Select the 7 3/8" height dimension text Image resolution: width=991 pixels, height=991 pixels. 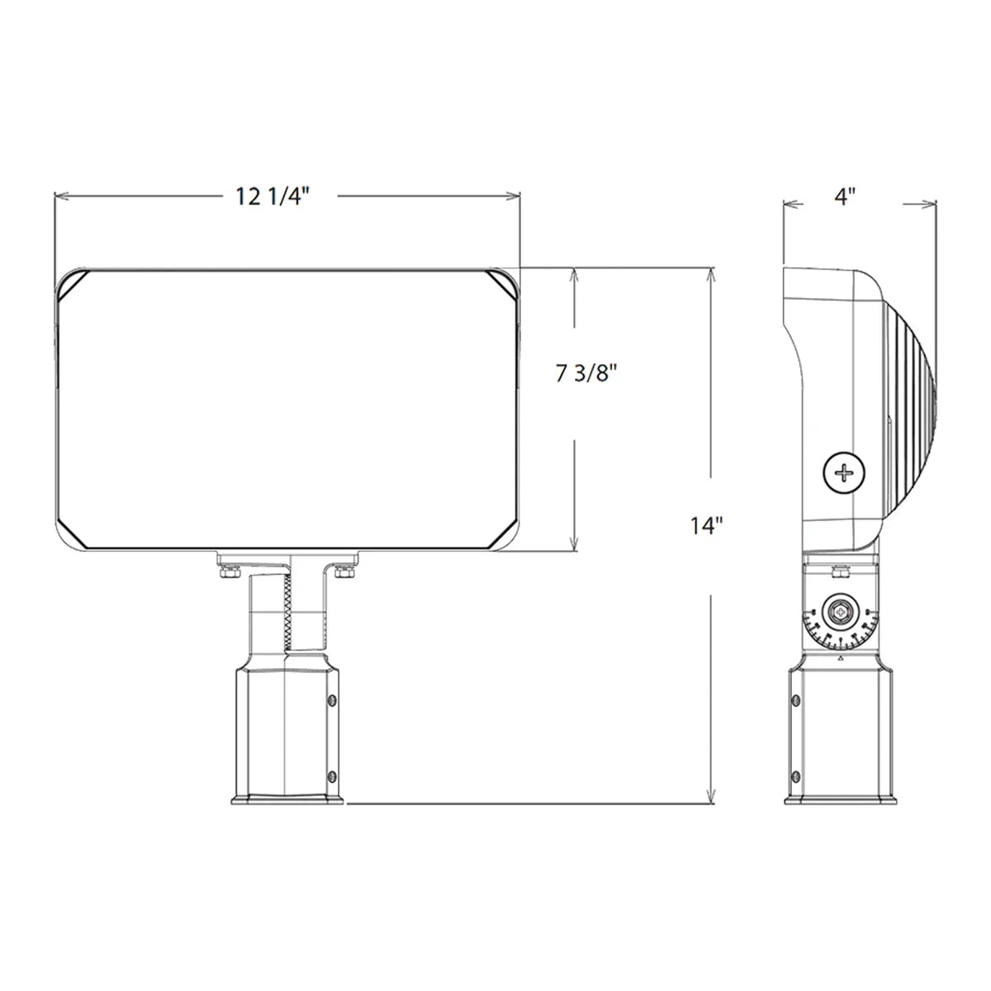click(x=587, y=374)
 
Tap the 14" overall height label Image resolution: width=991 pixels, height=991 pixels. click(x=706, y=525)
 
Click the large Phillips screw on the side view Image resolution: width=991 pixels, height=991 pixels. click(x=846, y=472)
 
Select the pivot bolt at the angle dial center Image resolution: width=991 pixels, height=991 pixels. click(x=840, y=613)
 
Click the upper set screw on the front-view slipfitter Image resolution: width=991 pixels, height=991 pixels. click(x=331, y=701)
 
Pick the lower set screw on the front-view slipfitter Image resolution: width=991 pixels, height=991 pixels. click(x=331, y=776)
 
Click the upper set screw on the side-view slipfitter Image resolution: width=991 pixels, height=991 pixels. click(x=794, y=701)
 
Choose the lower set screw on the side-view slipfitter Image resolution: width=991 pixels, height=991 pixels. click(x=794, y=776)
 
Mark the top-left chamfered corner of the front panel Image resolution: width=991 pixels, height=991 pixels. click(x=73, y=284)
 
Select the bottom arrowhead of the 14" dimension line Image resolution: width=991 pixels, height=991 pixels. click(x=709, y=796)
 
